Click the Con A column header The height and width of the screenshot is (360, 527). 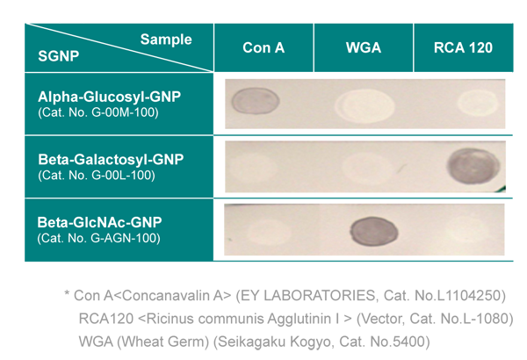point(263,47)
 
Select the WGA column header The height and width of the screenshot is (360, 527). point(364,47)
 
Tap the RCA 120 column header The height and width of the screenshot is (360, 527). point(463,47)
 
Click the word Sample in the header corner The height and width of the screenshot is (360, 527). point(166,40)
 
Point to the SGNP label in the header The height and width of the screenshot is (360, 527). point(59,56)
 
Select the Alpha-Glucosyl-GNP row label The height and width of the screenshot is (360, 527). point(109,97)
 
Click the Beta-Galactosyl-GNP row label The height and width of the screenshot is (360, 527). point(111,160)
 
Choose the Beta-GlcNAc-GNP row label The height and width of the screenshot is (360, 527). point(99,222)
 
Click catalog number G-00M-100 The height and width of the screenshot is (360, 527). point(98,112)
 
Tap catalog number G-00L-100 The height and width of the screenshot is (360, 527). point(97,175)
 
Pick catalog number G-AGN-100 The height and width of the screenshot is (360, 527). point(98,238)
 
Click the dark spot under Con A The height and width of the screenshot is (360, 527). point(256,100)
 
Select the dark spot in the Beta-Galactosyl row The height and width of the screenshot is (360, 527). point(473,166)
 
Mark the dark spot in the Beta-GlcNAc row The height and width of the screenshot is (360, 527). point(374,231)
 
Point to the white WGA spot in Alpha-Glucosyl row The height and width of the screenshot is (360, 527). point(365,105)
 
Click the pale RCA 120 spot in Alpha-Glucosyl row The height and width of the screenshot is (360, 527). point(478,104)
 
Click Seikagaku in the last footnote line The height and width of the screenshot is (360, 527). point(249,342)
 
